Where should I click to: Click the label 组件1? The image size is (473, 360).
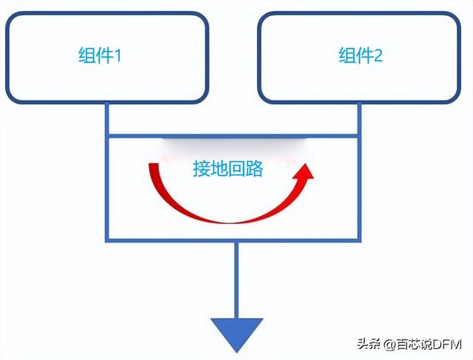(x=100, y=55)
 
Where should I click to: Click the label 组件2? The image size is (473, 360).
(x=361, y=55)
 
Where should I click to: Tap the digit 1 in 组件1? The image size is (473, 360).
(x=118, y=55)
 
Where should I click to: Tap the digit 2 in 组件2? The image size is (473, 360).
(x=378, y=55)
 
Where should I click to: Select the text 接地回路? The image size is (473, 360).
(x=228, y=168)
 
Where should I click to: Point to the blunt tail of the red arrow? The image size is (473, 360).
(x=154, y=164)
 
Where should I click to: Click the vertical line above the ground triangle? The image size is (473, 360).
(x=236, y=280)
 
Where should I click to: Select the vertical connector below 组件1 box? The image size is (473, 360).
(x=106, y=119)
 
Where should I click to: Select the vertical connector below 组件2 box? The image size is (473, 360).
(x=359, y=119)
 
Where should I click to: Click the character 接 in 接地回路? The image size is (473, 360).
(x=202, y=168)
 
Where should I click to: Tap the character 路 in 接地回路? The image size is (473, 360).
(x=254, y=168)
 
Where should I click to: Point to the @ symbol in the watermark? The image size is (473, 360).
(x=389, y=344)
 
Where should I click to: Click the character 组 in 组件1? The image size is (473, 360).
(x=87, y=55)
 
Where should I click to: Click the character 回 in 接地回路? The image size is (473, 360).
(x=236, y=168)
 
